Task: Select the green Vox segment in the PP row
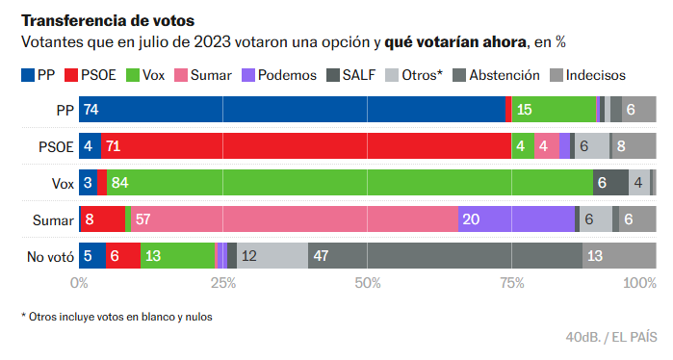(x=554, y=110)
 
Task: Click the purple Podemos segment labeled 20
(x=516, y=219)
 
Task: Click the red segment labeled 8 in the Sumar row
(x=102, y=219)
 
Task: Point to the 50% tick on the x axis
(x=368, y=283)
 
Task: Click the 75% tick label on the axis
(x=511, y=283)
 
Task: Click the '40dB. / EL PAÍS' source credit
(x=611, y=337)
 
